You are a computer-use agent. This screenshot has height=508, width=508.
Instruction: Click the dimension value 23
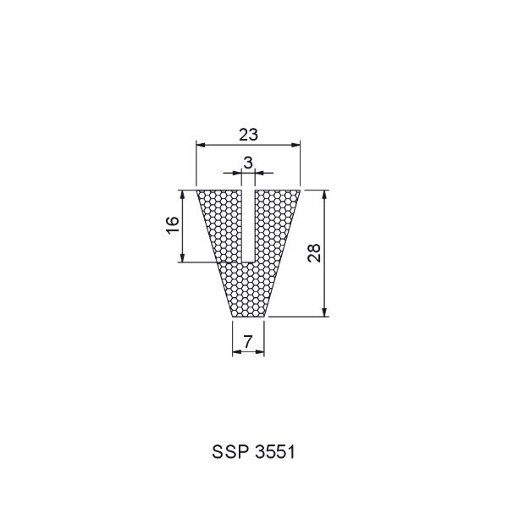pyautogui.click(x=248, y=135)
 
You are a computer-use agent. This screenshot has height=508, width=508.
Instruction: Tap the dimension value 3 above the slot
pyautogui.click(x=248, y=163)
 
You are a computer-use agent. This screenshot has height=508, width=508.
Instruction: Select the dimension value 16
pyautogui.click(x=173, y=225)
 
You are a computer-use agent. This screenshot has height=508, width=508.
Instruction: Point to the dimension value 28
pyautogui.click(x=314, y=253)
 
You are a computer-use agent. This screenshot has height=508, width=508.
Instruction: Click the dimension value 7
pyautogui.click(x=248, y=341)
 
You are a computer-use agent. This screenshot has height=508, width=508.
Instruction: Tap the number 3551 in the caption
pyautogui.click(x=275, y=451)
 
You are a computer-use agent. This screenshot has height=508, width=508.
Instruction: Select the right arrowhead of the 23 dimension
pyautogui.click(x=295, y=145)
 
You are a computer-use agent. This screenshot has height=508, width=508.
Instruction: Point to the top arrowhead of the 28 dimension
pyautogui.click(x=325, y=195)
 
